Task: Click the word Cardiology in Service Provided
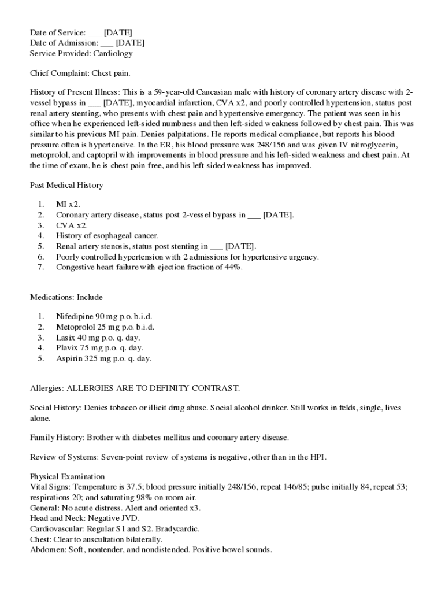113,54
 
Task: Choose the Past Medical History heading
66,185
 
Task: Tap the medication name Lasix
66,338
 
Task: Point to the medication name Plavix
67,348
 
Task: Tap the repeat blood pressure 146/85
281,487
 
